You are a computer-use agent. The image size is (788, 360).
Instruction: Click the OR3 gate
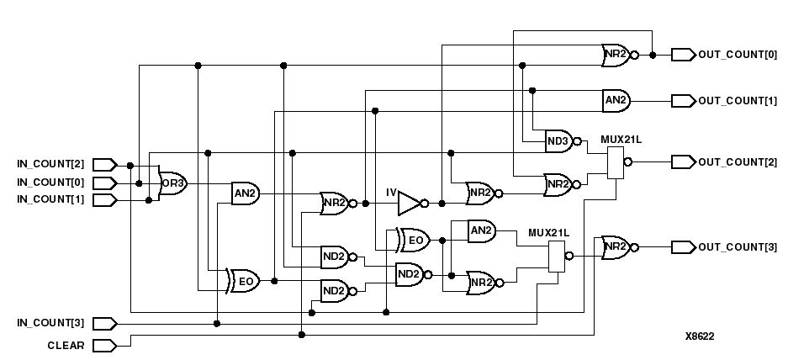[x=173, y=183]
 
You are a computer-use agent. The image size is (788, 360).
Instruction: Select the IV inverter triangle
[x=409, y=203]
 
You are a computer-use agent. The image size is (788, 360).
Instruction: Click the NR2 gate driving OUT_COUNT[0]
[x=616, y=56]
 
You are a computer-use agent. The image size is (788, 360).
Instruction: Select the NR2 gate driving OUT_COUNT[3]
[x=616, y=246]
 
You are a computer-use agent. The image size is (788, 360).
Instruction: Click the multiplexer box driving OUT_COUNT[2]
[x=616, y=161]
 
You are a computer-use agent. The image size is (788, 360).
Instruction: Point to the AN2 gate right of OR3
[x=245, y=193]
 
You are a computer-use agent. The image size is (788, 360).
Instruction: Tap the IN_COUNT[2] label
[x=50, y=163]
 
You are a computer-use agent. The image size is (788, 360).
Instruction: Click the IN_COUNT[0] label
[x=50, y=183]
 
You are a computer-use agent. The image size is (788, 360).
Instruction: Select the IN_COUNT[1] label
[x=50, y=199]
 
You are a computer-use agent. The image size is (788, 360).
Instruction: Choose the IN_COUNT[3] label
[x=50, y=323]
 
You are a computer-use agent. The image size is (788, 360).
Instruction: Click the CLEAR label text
[x=66, y=345]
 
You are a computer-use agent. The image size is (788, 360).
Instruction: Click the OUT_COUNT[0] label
[x=738, y=56]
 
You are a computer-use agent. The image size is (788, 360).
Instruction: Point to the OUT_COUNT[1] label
[x=738, y=100]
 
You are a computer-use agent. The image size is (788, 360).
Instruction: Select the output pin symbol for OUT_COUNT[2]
[x=682, y=161]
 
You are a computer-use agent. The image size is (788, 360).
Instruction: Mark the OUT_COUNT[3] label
[x=738, y=246]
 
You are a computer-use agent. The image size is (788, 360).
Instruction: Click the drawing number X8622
[x=700, y=336]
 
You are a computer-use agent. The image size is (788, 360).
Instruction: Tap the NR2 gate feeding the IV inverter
[x=334, y=203]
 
